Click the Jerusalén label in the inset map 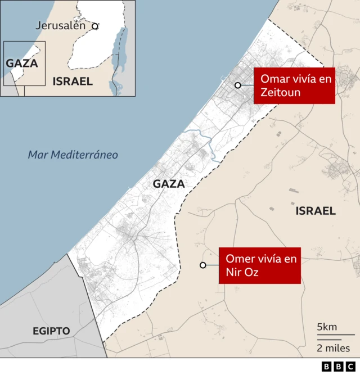[60, 25]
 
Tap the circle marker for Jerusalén [95, 26]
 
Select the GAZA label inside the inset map [22, 63]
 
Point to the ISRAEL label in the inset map [73, 82]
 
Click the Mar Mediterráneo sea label [73, 155]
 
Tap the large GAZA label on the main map [169, 184]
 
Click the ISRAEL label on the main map [316, 211]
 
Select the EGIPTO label [51, 331]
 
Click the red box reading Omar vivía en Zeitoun [294, 85]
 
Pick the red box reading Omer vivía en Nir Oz [259, 265]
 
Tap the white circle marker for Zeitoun [238, 85]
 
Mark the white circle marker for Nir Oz [202, 265]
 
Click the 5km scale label [327, 327]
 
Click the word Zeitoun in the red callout [280, 92]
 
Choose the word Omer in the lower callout [238, 259]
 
